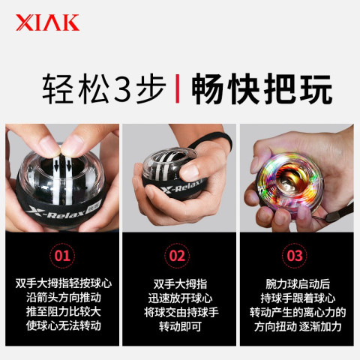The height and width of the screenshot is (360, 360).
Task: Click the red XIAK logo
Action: pos(47,22)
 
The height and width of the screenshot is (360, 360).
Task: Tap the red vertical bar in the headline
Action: pos(177,88)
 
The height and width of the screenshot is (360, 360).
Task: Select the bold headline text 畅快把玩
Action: pos(262,88)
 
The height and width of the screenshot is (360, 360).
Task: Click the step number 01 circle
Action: pos(62,256)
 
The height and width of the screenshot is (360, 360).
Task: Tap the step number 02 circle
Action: pos(177,256)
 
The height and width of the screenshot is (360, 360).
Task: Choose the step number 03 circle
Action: pos(295,256)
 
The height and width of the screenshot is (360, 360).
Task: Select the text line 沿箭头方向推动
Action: pos(64,298)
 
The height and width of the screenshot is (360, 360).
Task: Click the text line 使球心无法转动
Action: pos(64,325)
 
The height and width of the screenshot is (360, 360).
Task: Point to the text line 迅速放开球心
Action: pos(180,298)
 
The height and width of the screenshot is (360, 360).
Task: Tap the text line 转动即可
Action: pos(180,326)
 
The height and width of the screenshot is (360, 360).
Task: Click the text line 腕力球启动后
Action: pos(298,284)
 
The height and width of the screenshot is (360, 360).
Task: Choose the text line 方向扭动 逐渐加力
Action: pos(298,326)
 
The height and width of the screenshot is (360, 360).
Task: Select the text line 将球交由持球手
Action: pos(181,312)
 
